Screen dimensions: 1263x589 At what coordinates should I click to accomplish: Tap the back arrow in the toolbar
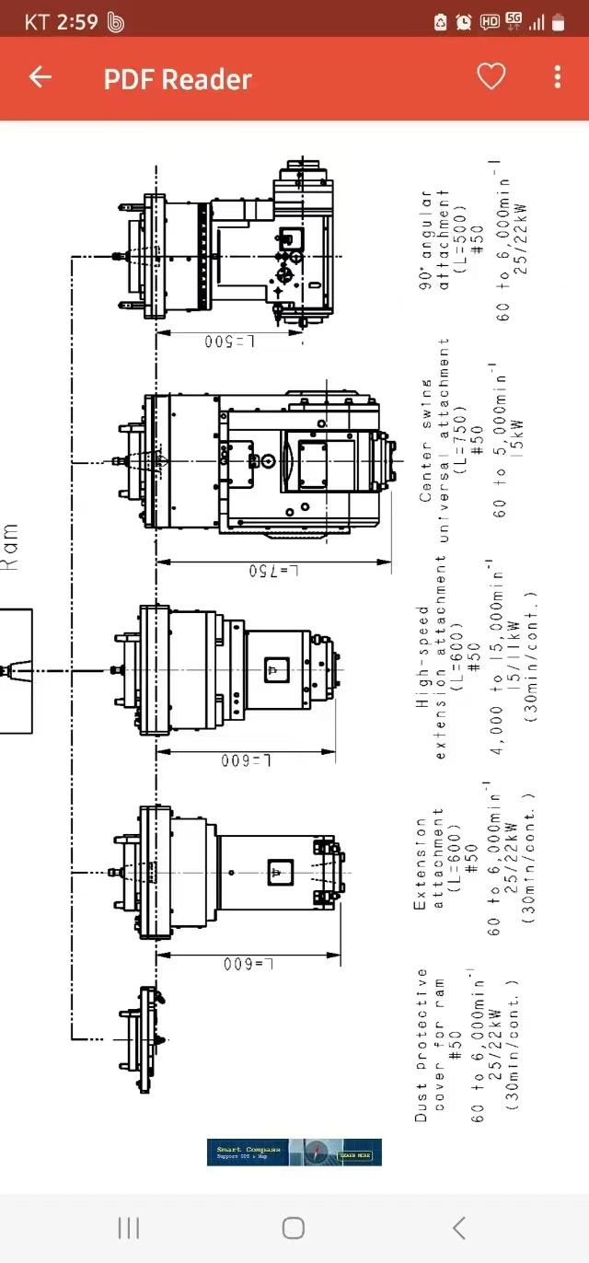click(40, 77)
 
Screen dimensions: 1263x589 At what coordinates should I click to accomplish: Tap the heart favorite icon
click(491, 77)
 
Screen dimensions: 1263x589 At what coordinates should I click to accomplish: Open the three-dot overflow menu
click(558, 77)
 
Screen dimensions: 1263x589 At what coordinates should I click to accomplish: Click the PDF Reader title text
click(177, 79)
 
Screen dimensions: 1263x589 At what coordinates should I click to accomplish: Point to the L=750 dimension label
click(275, 571)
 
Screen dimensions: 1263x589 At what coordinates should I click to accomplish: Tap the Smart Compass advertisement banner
click(294, 1152)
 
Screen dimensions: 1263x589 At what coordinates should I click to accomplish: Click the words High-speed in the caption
click(422, 656)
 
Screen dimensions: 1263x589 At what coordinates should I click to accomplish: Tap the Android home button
click(294, 1227)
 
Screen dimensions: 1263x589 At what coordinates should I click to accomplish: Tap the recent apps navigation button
click(129, 1227)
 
